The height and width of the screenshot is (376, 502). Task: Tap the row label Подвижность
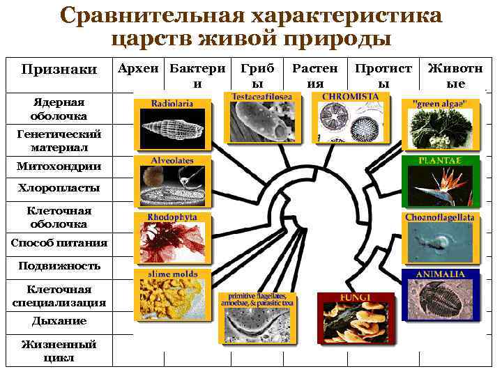59,266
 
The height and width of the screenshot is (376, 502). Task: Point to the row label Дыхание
59,321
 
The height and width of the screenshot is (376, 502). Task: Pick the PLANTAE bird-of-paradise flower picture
441,187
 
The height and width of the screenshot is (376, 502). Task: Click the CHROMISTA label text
350,95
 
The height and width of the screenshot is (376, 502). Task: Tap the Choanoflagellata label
441,218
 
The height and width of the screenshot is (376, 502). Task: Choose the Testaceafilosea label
261,96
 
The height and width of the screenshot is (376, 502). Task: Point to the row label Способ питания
59,242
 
